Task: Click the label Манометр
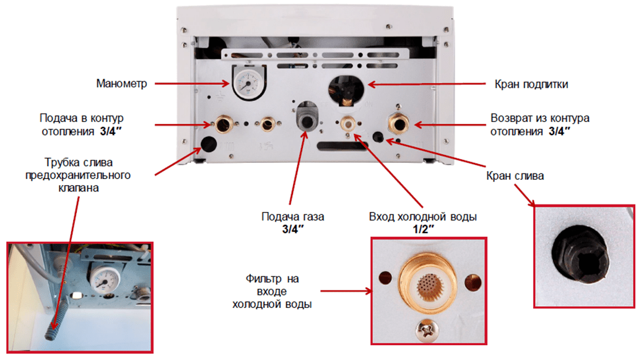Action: pyautogui.click(x=121, y=83)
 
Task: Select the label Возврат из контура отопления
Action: pyautogui.click(x=539, y=124)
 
